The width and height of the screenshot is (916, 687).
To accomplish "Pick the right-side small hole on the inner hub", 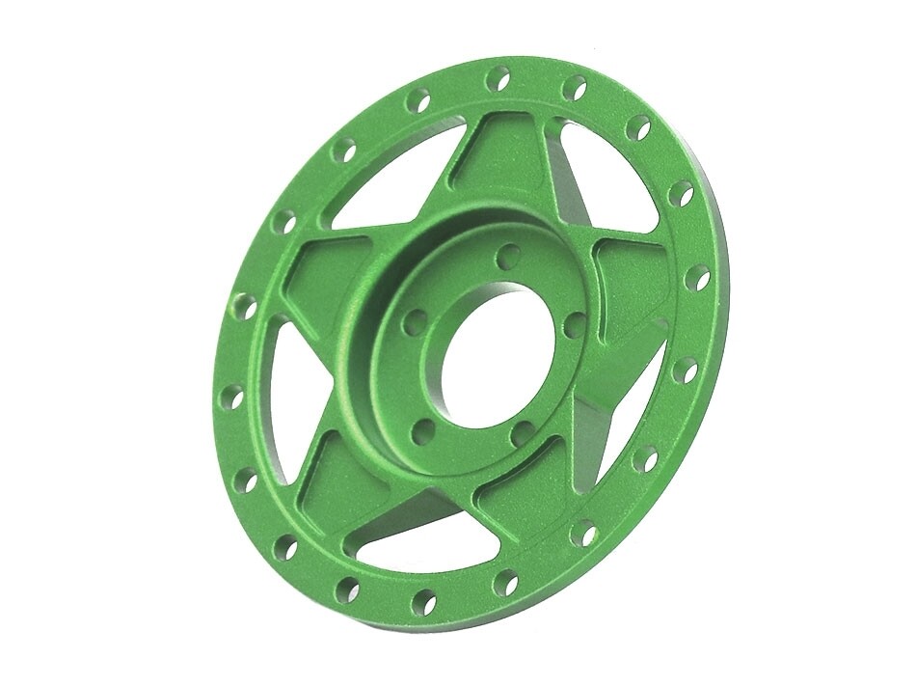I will [576, 324].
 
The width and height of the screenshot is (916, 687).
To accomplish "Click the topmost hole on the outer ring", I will [498, 78].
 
